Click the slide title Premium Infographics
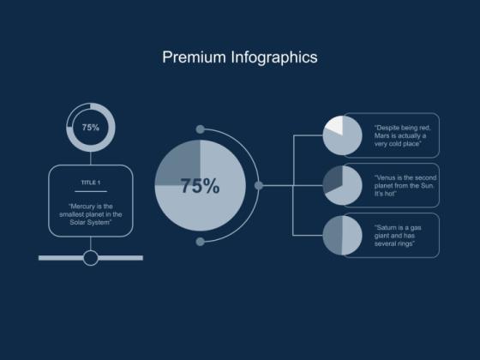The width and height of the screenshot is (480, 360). (240, 57)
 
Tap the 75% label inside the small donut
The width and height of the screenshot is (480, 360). (90, 127)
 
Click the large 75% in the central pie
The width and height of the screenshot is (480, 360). (200, 186)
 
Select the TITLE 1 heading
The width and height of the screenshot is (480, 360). (90, 183)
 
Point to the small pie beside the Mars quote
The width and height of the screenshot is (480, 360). (342, 135)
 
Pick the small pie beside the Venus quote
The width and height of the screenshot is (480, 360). (342, 185)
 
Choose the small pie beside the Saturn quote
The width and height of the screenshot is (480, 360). (342, 235)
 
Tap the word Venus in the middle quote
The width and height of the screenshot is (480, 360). (387, 177)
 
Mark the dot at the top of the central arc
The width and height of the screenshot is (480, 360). (200, 129)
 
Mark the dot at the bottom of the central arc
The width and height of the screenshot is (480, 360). (200, 242)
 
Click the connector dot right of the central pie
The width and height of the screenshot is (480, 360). (259, 185)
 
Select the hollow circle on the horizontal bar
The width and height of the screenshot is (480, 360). (91, 257)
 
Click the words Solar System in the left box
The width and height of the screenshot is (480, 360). (90, 222)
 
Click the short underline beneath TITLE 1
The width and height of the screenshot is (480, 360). (90, 191)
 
